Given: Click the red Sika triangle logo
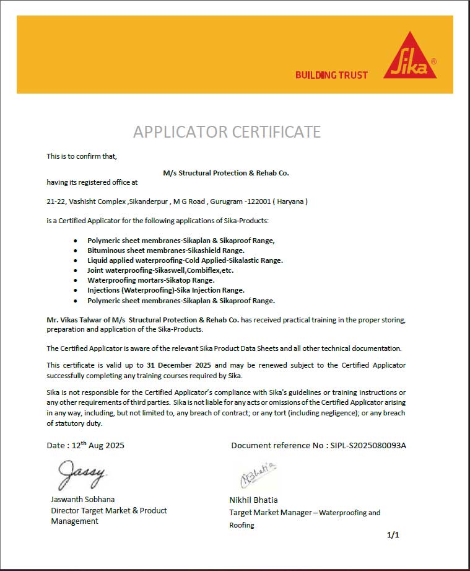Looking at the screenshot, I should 409,57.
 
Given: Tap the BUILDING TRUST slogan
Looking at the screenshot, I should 331,75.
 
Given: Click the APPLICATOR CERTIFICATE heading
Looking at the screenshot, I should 227,131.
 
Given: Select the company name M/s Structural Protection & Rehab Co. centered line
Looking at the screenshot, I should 226,173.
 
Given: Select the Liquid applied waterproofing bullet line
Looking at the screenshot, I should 185,260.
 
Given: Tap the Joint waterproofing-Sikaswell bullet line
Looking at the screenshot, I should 160,270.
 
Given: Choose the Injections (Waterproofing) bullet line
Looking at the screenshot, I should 166,290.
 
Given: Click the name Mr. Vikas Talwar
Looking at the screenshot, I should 74,320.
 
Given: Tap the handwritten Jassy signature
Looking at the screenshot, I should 82,475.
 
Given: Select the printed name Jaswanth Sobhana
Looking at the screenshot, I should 82,499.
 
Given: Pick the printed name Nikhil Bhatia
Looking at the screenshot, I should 253,500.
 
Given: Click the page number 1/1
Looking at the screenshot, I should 393,534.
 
